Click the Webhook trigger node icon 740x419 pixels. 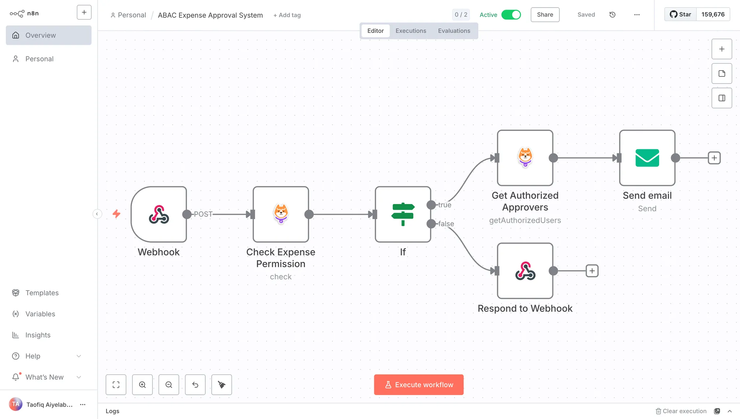(159, 214)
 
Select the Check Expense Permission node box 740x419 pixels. (281, 214)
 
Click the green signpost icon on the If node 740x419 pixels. (403, 214)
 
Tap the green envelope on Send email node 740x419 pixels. (647, 158)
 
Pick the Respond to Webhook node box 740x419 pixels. (525, 271)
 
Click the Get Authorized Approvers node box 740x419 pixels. (525, 158)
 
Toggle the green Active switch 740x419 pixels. (511, 15)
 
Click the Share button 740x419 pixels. (545, 15)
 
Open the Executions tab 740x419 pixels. (411, 31)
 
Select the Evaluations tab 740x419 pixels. (454, 31)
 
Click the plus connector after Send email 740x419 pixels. (714, 158)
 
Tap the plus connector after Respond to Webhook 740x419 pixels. (592, 271)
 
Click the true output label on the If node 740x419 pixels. (445, 205)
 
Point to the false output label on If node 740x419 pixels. (446, 224)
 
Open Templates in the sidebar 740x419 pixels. (42, 293)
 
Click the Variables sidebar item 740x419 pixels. (40, 314)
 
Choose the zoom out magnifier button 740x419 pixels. (169, 385)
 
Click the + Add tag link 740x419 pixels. (287, 15)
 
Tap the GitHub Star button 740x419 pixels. (680, 14)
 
